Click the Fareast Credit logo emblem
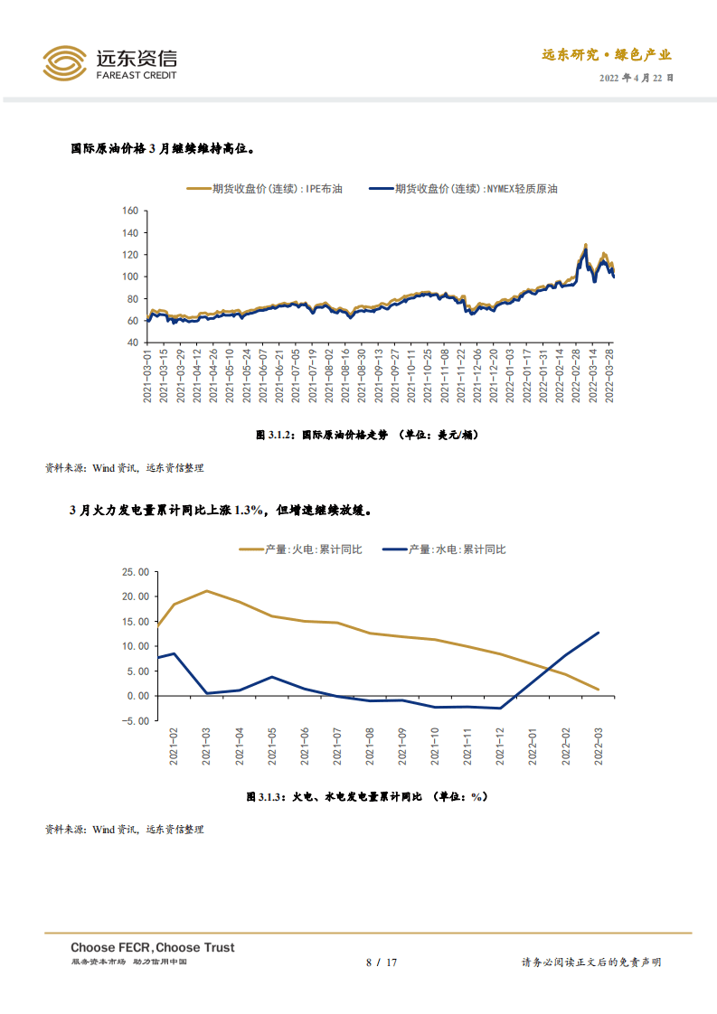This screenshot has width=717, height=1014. click(x=65, y=62)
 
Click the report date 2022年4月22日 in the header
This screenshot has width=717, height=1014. click(x=637, y=78)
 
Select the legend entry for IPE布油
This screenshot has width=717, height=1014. click(x=265, y=189)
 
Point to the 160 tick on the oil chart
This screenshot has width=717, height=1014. click(x=129, y=211)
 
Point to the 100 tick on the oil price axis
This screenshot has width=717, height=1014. click(x=129, y=277)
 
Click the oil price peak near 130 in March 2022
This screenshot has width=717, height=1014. click(x=585, y=245)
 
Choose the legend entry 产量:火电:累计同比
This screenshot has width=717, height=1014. click(x=300, y=549)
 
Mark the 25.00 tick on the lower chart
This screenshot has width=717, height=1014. click(x=135, y=572)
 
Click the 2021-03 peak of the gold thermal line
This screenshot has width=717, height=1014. click(x=207, y=591)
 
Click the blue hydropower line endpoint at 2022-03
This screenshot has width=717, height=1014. click(x=598, y=633)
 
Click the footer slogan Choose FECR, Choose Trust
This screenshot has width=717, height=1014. click(x=153, y=947)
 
